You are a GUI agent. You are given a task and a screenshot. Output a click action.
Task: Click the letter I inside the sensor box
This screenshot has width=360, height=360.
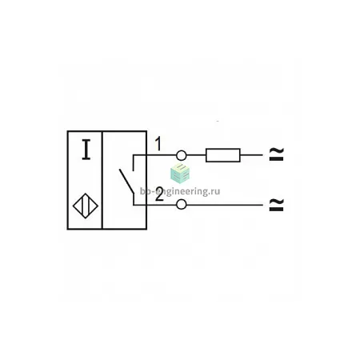point(86,150)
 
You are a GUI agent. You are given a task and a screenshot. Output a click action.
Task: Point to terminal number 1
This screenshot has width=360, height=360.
point(158,143)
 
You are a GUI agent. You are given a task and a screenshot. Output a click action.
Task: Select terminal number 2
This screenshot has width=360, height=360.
point(159,194)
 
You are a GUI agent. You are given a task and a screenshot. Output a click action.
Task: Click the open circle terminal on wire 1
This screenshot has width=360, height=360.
point(182,155)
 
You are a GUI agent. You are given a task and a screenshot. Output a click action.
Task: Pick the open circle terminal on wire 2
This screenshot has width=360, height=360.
point(182,205)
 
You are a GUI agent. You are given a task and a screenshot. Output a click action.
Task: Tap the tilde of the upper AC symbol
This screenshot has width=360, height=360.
point(276,151)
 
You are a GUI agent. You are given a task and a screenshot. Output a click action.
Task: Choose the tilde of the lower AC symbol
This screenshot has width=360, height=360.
point(276,202)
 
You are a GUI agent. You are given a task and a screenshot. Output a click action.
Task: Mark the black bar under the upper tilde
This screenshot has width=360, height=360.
point(276,159)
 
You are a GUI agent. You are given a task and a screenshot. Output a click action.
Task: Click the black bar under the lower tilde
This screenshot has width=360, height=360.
point(276,210)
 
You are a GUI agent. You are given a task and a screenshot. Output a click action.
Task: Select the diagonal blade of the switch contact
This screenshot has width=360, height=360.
point(126,181)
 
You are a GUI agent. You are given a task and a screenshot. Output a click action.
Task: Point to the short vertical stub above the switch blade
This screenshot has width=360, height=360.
point(134,162)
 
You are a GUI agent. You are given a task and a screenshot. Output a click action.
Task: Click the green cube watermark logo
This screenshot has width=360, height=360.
point(180,174)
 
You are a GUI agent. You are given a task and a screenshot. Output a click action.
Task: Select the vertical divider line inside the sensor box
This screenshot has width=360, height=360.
point(102,180)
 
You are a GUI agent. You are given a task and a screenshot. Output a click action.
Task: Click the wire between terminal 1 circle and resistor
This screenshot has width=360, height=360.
point(196,155)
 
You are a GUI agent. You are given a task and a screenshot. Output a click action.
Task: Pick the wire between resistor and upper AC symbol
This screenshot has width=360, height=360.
point(251,155)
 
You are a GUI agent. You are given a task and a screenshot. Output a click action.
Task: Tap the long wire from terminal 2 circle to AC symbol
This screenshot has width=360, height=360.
point(225,205)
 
